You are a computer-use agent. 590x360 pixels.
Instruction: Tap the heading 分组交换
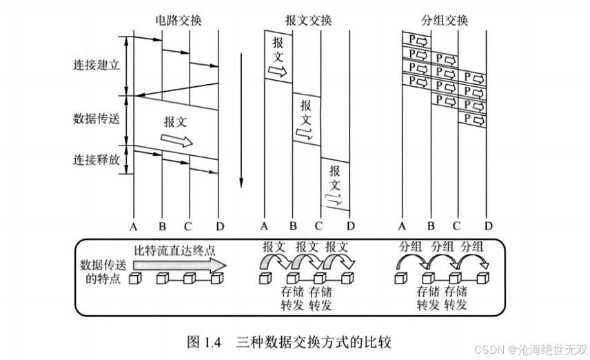pos(445,20)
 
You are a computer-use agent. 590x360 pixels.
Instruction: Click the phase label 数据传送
pos(96,118)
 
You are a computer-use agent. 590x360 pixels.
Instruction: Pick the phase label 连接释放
pos(96,159)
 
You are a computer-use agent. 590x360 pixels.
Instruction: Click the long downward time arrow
pos(241,117)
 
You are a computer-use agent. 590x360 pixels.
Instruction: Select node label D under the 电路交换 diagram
pos(218,226)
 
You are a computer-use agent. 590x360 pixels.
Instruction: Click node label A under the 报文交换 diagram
pos(263,226)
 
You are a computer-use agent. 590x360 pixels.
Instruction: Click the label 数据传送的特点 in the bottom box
pos(101,271)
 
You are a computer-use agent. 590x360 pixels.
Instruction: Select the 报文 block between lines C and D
pos(335,185)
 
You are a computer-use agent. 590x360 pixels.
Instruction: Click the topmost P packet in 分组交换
pos(416,41)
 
